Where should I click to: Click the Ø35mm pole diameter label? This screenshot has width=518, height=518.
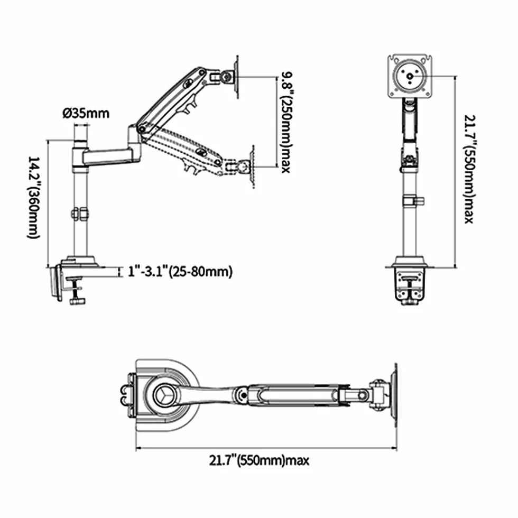pyautogui.click(x=86, y=113)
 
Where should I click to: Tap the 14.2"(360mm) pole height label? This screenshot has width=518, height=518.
pyautogui.click(x=33, y=197)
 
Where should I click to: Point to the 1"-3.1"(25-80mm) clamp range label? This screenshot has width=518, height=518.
pyautogui.click(x=180, y=272)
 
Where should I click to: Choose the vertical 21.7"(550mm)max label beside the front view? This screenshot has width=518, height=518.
pyautogui.click(x=469, y=169)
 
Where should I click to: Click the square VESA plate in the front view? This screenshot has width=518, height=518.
pyautogui.click(x=410, y=76)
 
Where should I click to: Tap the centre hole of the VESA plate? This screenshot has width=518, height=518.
pyautogui.click(x=410, y=76)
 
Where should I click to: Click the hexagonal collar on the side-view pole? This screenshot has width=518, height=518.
pyautogui.click(x=80, y=214)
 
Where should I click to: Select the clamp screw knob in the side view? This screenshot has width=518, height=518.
pyautogui.click(x=77, y=301)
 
